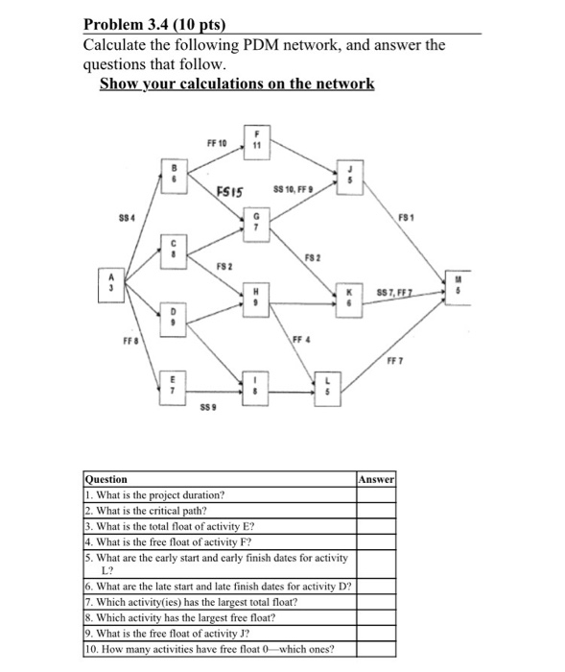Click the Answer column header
tap(376, 478)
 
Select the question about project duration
tap(155, 494)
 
